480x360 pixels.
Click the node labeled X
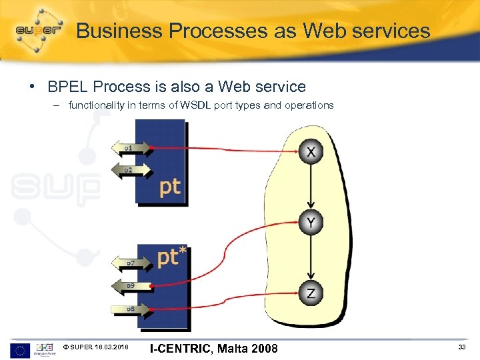click(311, 152)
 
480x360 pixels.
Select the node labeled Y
click(311, 222)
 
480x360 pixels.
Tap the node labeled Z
click(311, 293)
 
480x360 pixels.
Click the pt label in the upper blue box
click(170, 187)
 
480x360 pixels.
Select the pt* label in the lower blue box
click(172, 257)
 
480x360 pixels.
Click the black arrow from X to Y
click(311, 187)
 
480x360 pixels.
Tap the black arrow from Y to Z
click(311, 257)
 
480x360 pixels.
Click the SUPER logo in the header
click(39, 30)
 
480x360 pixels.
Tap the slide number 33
click(462, 347)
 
